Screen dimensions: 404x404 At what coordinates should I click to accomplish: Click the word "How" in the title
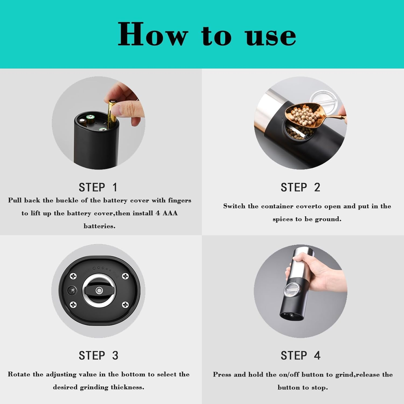(152, 34)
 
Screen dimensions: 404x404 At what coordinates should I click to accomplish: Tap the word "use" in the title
(271, 36)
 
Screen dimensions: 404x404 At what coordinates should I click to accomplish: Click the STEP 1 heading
(98, 187)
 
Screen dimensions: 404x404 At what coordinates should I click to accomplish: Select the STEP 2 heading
(300, 187)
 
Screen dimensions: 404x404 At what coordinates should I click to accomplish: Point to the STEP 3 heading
(98, 356)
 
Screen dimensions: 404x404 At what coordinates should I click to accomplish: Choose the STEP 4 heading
(300, 356)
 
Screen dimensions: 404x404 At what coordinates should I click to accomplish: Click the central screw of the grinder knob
(99, 291)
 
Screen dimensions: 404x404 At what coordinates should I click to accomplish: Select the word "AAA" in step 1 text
(170, 213)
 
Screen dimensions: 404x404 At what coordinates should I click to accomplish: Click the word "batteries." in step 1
(99, 226)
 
